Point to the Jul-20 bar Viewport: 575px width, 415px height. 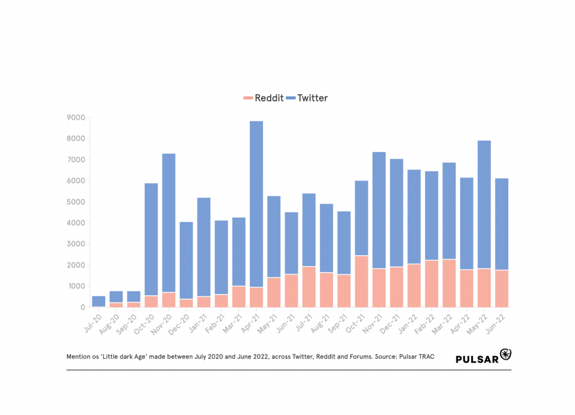click(99, 301)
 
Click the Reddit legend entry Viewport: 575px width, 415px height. click(262, 98)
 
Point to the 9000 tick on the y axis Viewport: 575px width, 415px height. click(75, 118)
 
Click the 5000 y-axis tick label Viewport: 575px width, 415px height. click(75, 202)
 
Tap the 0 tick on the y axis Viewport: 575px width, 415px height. click(82, 307)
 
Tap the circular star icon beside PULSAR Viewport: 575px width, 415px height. click(505, 354)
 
